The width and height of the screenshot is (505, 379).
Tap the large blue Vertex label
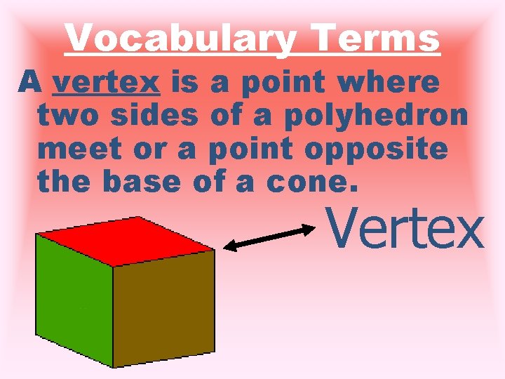point(405,229)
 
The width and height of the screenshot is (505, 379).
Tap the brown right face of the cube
point(164,305)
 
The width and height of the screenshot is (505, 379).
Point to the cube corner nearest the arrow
point(214,250)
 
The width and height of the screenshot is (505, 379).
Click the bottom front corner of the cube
point(114,366)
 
